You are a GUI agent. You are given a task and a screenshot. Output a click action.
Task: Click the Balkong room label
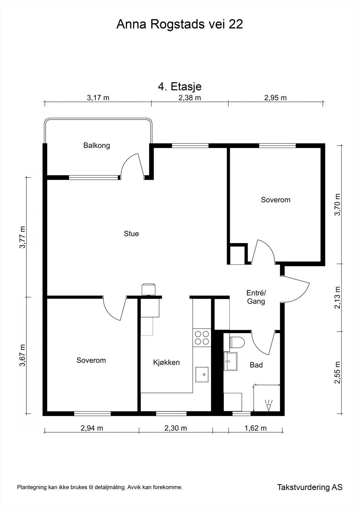[x=96, y=146]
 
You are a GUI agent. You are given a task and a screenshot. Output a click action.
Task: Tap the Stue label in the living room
[x=131, y=234]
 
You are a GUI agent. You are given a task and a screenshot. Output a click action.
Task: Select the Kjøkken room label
[x=166, y=362]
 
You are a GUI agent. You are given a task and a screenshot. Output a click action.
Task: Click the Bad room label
[x=256, y=365]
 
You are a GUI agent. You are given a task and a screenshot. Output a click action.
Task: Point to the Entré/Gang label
[x=256, y=297]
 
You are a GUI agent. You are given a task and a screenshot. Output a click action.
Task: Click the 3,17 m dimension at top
[x=98, y=98]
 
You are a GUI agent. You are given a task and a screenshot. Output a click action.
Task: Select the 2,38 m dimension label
[x=190, y=98]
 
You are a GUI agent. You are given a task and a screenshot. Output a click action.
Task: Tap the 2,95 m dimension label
[x=275, y=98]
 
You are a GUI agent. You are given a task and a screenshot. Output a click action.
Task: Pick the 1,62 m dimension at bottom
[x=255, y=428]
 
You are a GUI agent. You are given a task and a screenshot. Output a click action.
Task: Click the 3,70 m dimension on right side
[x=337, y=205]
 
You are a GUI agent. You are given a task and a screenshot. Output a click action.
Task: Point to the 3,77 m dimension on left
[x=22, y=237]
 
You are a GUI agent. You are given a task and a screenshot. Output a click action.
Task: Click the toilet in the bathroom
[x=237, y=342]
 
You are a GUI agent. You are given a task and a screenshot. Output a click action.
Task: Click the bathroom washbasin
[x=230, y=361]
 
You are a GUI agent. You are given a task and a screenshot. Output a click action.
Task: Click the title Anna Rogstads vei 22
[x=180, y=24]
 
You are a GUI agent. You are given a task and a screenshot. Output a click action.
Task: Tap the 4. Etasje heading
[x=180, y=86]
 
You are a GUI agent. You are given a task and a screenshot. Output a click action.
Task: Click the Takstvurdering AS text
[x=309, y=487]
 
